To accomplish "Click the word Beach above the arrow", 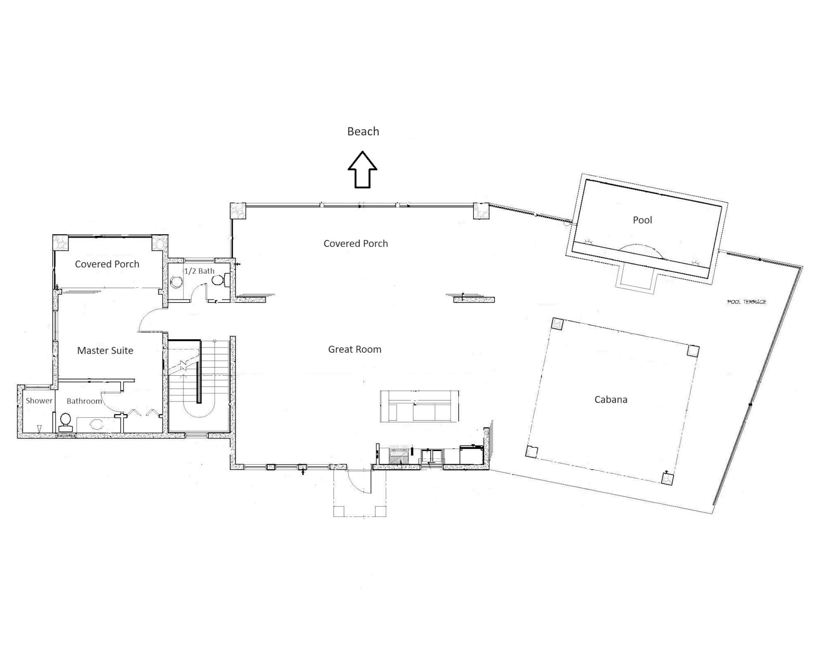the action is click(x=363, y=131).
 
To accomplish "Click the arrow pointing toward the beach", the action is click(x=362, y=169).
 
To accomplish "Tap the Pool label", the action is click(x=642, y=220).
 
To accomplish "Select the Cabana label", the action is click(x=611, y=399).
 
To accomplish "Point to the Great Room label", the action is click(x=354, y=349).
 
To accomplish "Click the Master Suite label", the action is click(x=105, y=351).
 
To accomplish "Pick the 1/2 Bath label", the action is click(x=199, y=271).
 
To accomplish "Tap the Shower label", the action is click(x=39, y=401).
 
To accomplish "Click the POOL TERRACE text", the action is click(x=747, y=302).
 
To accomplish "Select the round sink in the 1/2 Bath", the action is click(x=176, y=282).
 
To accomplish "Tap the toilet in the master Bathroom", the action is click(x=65, y=422).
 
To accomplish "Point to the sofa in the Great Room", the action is click(x=419, y=406).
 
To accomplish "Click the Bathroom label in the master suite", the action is click(x=84, y=401).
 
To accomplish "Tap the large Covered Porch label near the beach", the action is click(x=356, y=243).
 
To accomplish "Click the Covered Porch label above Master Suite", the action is click(x=107, y=264).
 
